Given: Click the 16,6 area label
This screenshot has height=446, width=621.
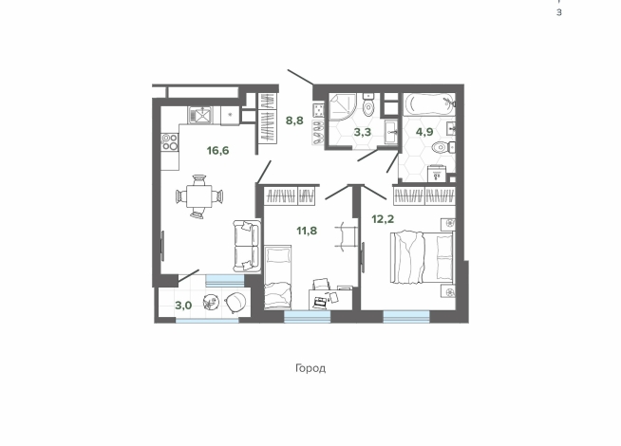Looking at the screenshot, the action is tap(217, 151).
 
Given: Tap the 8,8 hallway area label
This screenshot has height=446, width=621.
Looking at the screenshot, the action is tap(294, 120).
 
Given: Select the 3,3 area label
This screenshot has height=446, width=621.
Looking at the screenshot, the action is tap(363, 132).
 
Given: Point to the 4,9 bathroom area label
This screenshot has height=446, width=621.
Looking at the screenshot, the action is tap(424, 132).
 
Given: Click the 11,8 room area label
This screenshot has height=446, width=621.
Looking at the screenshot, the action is tap(307, 231).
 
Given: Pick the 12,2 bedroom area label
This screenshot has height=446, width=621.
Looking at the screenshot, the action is tap(383, 219).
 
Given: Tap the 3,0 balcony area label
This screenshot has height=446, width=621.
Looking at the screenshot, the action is tap(183, 306).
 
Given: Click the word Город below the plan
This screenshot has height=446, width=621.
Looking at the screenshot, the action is tap(310, 368).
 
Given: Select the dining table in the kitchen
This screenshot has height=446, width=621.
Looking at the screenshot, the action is tap(198, 195).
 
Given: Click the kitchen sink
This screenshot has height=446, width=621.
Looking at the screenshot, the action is tap(200, 115).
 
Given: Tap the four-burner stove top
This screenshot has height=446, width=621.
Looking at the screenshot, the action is tap(170, 142).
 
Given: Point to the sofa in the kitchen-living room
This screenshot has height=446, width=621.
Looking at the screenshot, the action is tap(247, 246).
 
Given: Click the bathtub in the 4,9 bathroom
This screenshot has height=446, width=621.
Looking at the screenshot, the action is tap(429, 103).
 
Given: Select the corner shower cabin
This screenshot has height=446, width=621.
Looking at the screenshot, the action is tap(343, 106).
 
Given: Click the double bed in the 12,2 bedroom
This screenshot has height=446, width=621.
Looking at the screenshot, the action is tap(423, 257).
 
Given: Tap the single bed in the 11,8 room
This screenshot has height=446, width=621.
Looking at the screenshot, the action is tap(277, 277).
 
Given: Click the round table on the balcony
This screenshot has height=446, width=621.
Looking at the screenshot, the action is tap(211, 303).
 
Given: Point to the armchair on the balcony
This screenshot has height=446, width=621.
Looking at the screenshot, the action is tap(235, 302).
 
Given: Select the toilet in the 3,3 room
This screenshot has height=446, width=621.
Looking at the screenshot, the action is tap(368, 104).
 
